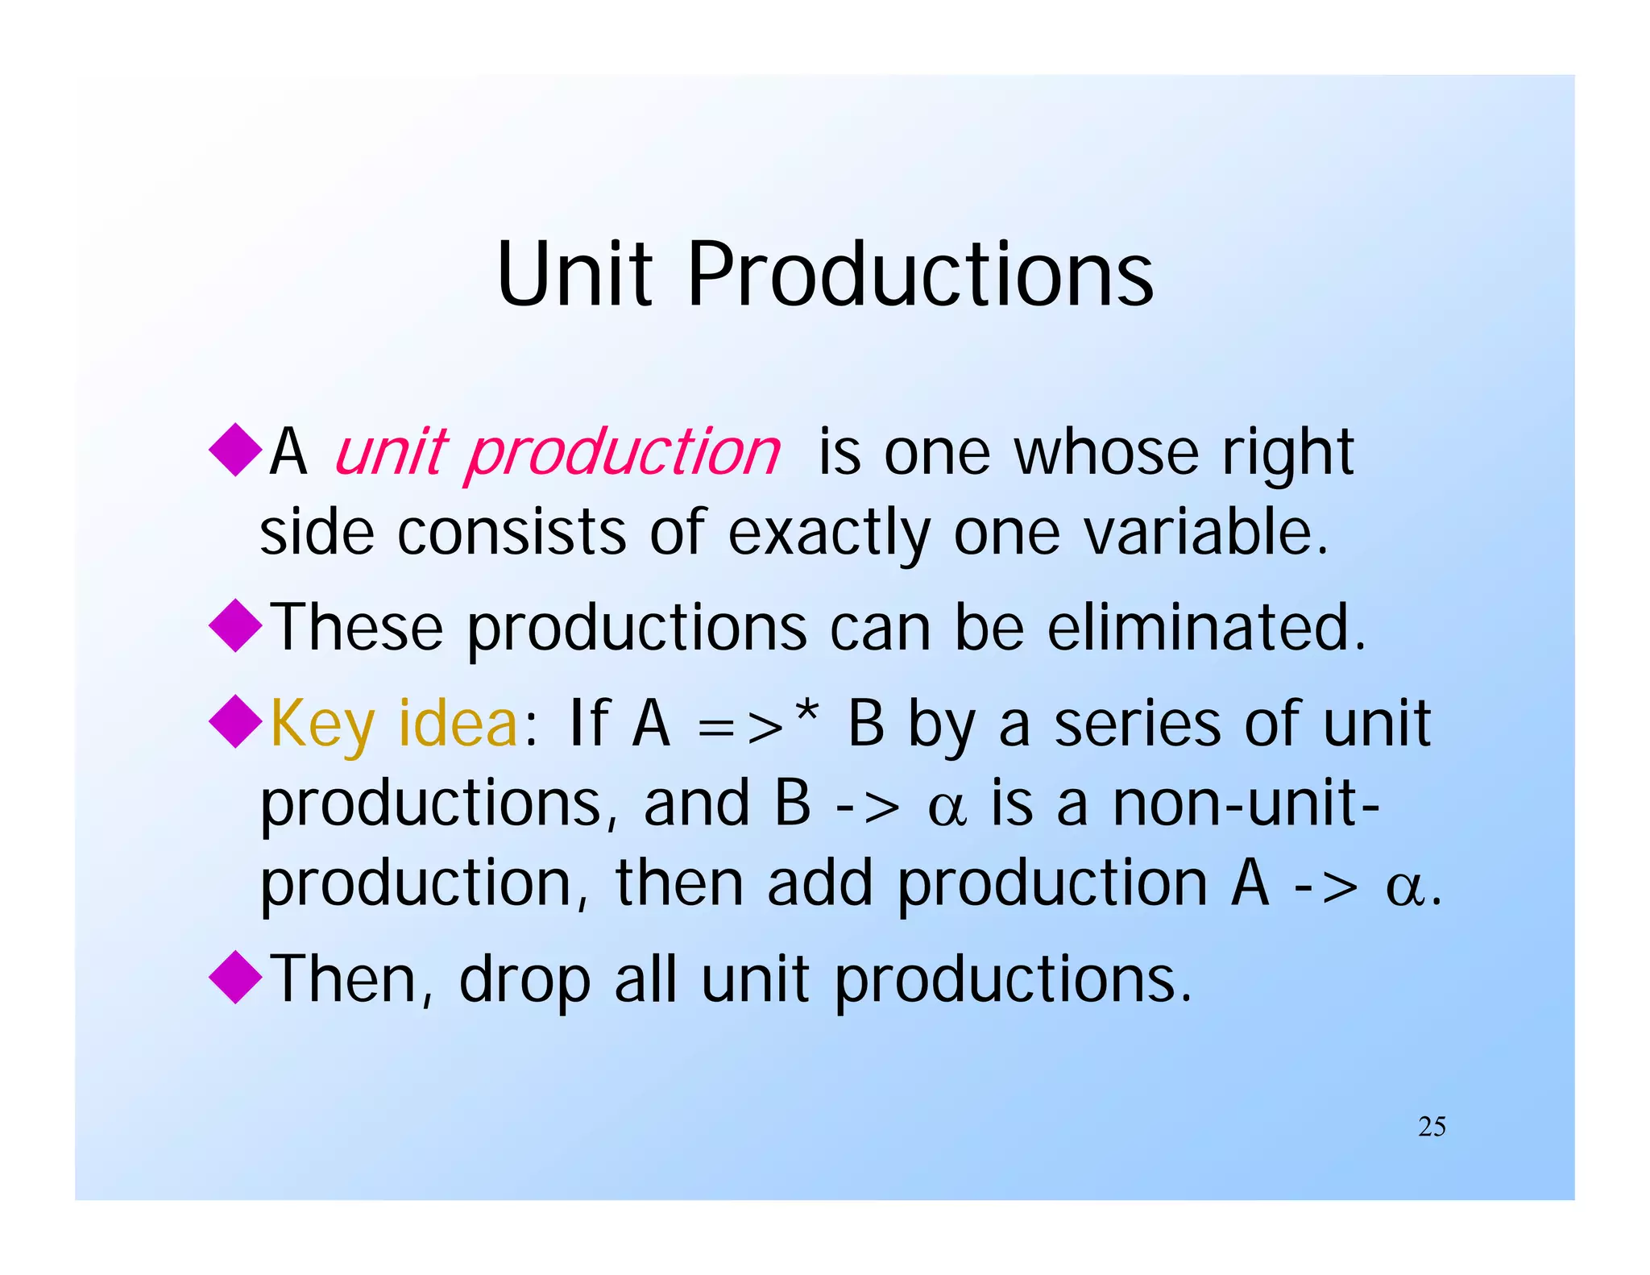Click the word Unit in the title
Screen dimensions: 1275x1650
574,276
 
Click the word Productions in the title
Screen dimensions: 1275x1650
920,276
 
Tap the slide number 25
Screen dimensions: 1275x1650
1432,1127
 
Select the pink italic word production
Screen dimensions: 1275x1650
622,454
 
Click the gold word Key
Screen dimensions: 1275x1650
322,725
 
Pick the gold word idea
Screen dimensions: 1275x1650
458,723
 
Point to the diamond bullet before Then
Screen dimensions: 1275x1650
235,977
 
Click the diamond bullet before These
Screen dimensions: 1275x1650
235,625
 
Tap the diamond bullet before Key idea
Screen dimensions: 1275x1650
235,721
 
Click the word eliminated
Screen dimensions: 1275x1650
1206,627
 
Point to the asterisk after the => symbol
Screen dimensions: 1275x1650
806,712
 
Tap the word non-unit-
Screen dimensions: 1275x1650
1246,804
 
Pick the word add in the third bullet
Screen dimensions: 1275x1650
819,883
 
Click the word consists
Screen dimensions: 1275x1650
511,533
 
